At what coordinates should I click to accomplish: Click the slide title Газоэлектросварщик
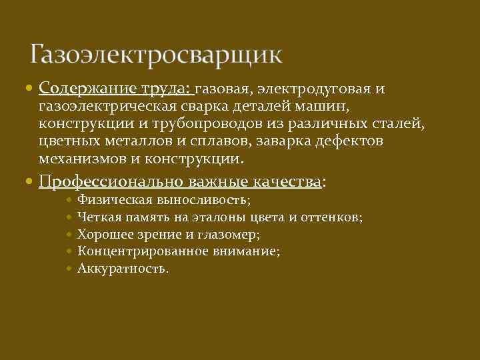pyautogui.click(x=156, y=54)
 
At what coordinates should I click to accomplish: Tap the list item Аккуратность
pyautogui.click(x=123, y=269)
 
